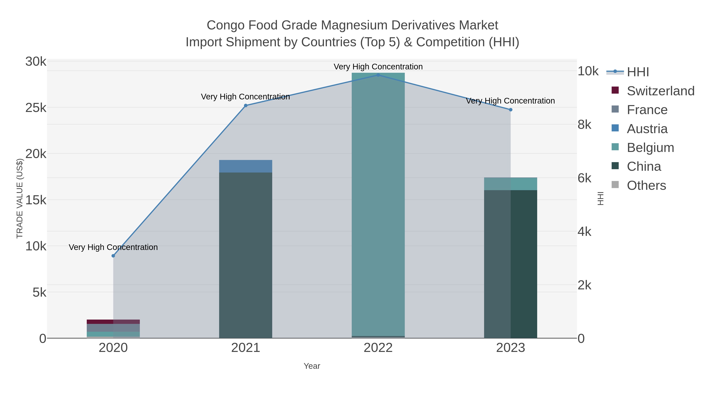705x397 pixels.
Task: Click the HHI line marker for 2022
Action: coord(378,75)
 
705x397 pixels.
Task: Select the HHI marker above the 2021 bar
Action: coord(246,105)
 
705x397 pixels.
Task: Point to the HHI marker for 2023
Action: coord(510,110)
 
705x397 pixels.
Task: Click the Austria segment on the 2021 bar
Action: coord(246,166)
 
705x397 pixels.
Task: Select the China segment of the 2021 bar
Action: coord(246,255)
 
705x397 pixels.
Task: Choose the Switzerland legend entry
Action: coord(660,91)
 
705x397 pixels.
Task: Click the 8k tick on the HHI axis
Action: coord(585,125)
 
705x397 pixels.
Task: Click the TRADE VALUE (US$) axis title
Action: coord(20,198)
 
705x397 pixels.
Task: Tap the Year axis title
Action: coord(312,366)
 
